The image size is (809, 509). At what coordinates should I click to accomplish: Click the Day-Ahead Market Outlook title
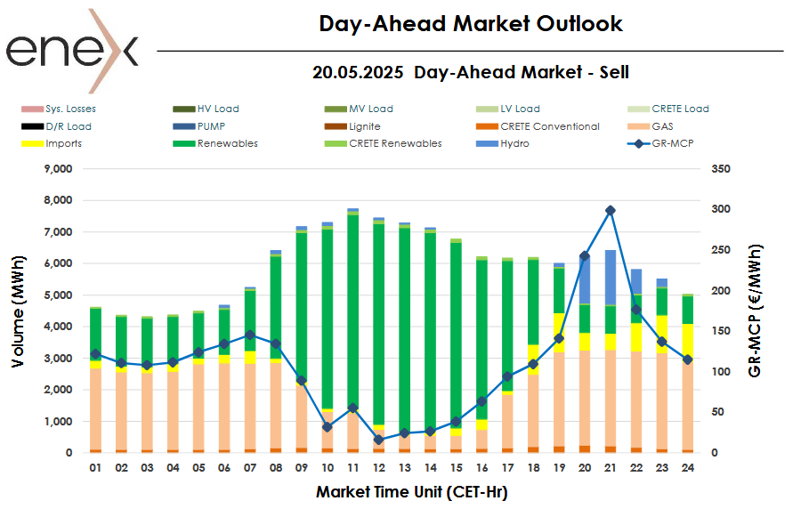(x=471, y=24)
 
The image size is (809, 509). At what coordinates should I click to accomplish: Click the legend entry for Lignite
(x=364, y=126)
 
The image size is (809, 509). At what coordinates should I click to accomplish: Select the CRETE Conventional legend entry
(x=550, y=126)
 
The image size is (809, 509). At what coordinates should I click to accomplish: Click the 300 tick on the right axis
(x=721, y=209)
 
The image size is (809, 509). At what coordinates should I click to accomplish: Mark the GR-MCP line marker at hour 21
(x=611, y=210)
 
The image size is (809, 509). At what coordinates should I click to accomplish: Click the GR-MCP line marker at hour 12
(x=379, y=440)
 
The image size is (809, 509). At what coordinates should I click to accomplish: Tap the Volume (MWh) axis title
(x=19, y=310)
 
